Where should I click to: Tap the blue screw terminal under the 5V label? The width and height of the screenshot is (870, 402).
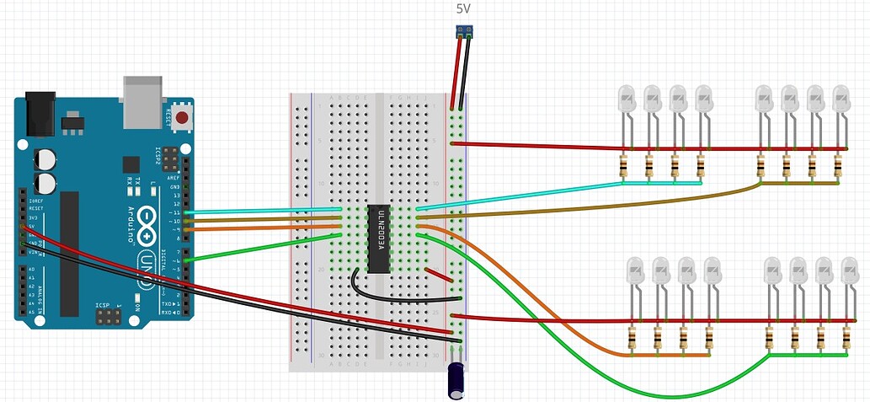pyautogui.click(x=462, y=32)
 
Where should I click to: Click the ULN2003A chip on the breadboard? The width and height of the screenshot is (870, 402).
pyautogui.click(x=378, y=239)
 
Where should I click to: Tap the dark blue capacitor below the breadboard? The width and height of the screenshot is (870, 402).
pyautogui.click(x=457, y=381)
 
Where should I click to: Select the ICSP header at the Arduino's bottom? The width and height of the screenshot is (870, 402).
pyautogui.click(x=109, y=318)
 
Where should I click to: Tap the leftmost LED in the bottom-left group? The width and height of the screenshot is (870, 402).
pyautogui.click(x=635, y=271)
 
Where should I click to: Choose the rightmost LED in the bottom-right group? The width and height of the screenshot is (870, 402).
pyautogui.click(x=849, y=271)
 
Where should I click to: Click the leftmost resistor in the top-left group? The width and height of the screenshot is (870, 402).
pyautogui.click(x=623, y=166)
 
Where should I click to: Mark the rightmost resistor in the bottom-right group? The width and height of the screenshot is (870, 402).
pyautogui.click(x=846, y=339)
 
